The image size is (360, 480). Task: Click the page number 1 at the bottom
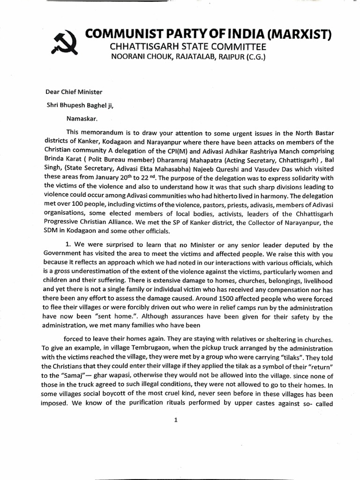click(x=175, y=420)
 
